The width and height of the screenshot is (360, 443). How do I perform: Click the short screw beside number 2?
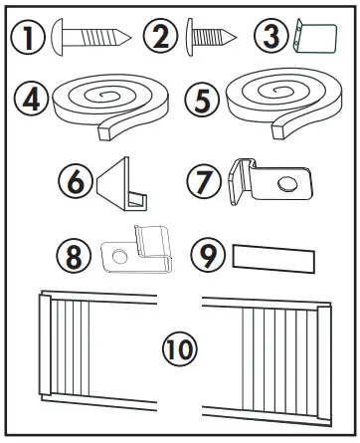[208, 38]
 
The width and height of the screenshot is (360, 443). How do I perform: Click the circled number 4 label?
[31, 101]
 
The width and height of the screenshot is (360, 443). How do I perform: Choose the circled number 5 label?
[204, 101]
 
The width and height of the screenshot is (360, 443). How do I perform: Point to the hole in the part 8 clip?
[118, 257]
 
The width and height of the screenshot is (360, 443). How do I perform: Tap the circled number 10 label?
[180, 349]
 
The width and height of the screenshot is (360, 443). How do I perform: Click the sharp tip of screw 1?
[128, 37]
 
